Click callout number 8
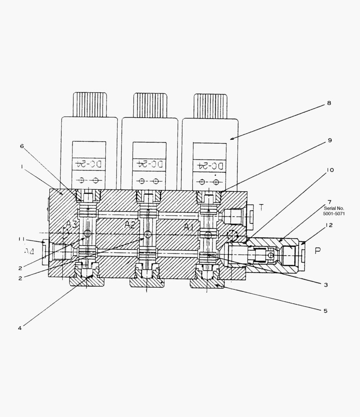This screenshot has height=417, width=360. click(329, 103)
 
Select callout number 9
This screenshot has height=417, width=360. click(330, 140)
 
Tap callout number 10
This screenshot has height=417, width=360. click(330, 170)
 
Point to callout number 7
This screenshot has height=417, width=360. click(329, 202)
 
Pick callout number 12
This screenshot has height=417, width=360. click(329, 225)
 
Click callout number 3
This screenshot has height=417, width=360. click(326, 285)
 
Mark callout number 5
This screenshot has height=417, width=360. click(325, 310)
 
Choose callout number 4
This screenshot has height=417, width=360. click(20, 328)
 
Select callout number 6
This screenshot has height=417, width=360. click(22, 146)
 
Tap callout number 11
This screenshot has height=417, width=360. click(21, 239)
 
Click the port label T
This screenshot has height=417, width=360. click(261, 207)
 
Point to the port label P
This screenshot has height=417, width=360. click(318, 251)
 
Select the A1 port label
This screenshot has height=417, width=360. click(189, 227)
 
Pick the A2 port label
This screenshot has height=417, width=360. click(130, 225)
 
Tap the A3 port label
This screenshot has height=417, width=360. click(71, 224)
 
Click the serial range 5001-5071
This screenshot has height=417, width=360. click(334, 213)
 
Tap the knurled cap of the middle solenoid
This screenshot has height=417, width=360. click(150, 105)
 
